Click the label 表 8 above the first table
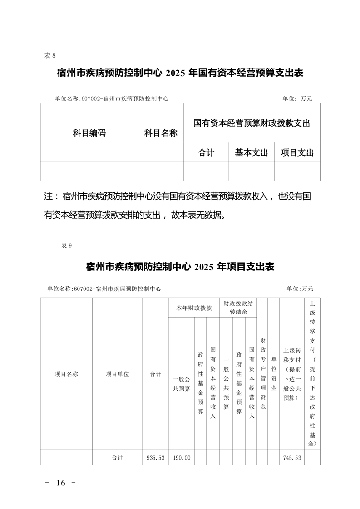coord(50,55)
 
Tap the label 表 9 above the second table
coord(66,245)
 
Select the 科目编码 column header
coord(89,133)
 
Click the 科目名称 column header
coord(161,133)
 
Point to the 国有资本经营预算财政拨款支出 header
coord(252,123)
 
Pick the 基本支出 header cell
coord(252,153)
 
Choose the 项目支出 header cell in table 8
coord(297,153)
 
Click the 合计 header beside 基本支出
coord(206,153)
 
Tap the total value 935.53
coord(155,458)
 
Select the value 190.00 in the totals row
coord(181,458)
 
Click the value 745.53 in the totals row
coord(292,458)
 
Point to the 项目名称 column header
coord(66,374)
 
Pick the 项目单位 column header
coord(118,374)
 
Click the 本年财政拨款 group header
coord(194,308)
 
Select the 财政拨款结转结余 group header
coord(238,307)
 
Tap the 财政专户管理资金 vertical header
coord(263,373)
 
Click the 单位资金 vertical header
coord(274,374)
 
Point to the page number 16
coord(61,483)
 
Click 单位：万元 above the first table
coord(297,98)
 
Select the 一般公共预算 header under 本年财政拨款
coord(181,383)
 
